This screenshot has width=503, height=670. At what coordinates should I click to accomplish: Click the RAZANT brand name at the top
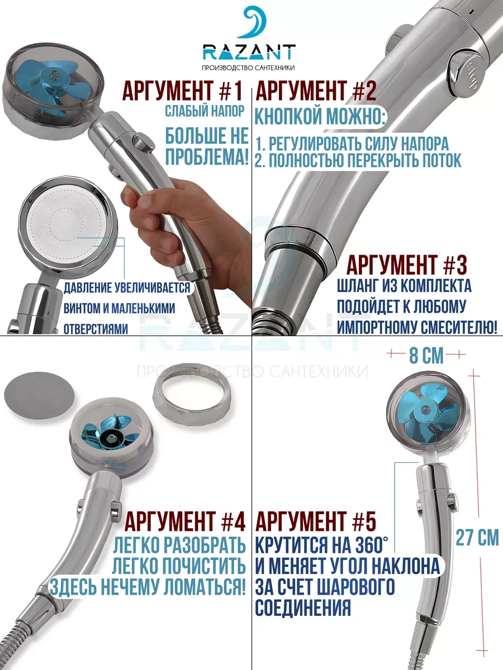[249, 52]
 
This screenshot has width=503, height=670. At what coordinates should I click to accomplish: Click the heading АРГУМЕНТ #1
[183, 91]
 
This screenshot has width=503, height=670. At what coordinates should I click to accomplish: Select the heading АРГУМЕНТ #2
[316, 91]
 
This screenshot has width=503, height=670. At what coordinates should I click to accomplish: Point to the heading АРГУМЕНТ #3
[407, 264]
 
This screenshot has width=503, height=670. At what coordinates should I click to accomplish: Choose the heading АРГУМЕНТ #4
[185, 521]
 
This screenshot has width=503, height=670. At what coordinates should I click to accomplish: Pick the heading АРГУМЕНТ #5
[316, 521]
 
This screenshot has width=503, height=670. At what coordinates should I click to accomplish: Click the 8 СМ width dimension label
[426, 356]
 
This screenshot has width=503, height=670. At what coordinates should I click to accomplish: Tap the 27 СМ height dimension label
[477, 538]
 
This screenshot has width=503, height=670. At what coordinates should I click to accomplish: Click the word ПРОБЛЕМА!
[207, 156]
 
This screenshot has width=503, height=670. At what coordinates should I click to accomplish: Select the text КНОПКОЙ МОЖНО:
[320, 116]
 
